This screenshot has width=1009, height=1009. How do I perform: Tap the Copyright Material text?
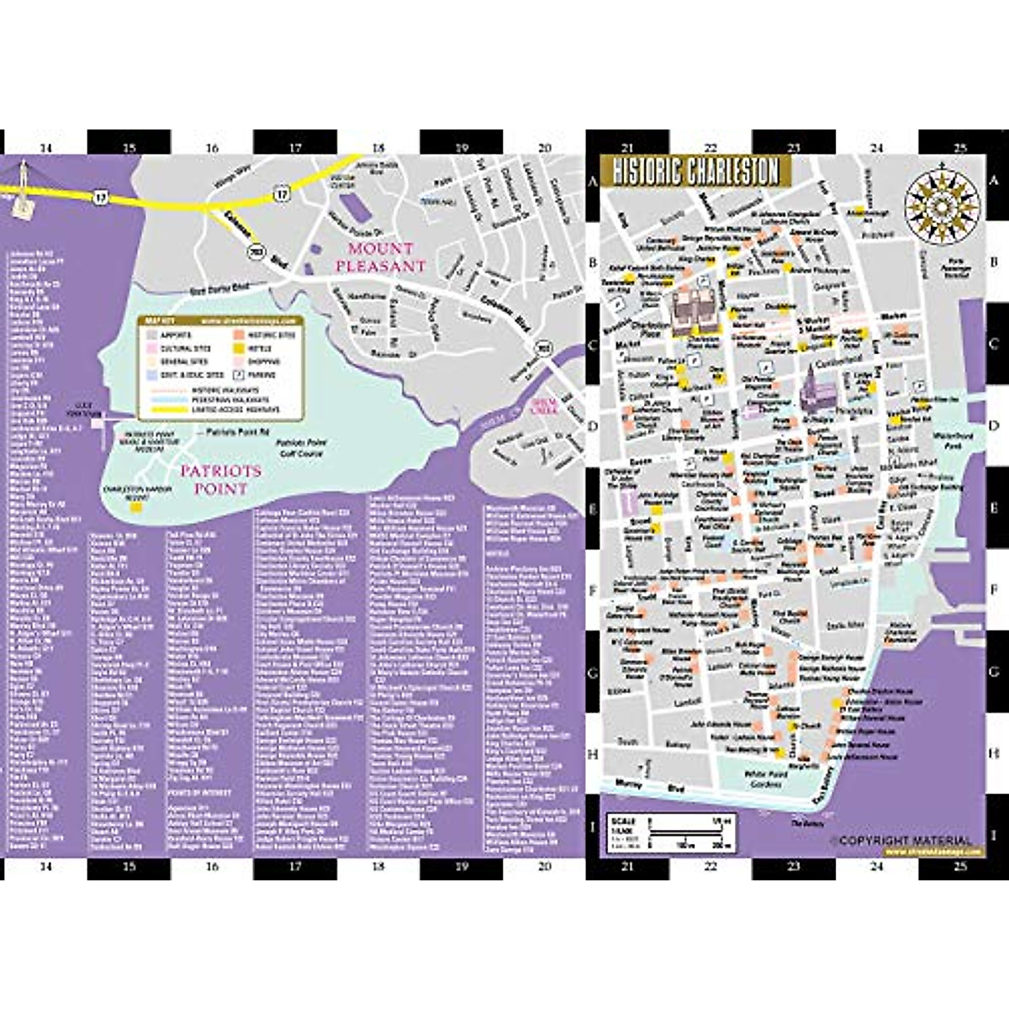[901, 840]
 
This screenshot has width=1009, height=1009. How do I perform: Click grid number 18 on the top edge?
[378, 148]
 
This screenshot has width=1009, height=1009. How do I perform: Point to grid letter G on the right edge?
[993, 673]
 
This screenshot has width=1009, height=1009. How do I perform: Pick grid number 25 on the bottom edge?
[959, 866]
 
